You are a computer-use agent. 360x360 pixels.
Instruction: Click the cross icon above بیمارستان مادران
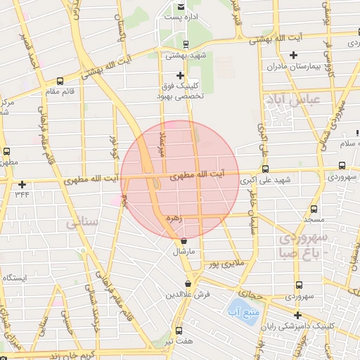tap(294, 56)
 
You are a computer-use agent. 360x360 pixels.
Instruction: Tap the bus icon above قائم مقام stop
tap(60, 81)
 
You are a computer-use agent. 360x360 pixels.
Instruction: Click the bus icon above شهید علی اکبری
tap(265, 169)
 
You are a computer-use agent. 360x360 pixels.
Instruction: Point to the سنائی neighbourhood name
tap(82, 224)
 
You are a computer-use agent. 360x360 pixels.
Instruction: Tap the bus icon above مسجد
tap(314, 209)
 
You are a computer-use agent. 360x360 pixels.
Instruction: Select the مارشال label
tap(191, 250)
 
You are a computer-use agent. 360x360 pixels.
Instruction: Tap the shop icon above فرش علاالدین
tap(188, 284)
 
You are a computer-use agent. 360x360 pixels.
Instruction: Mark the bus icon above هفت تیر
tap(178, 330)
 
